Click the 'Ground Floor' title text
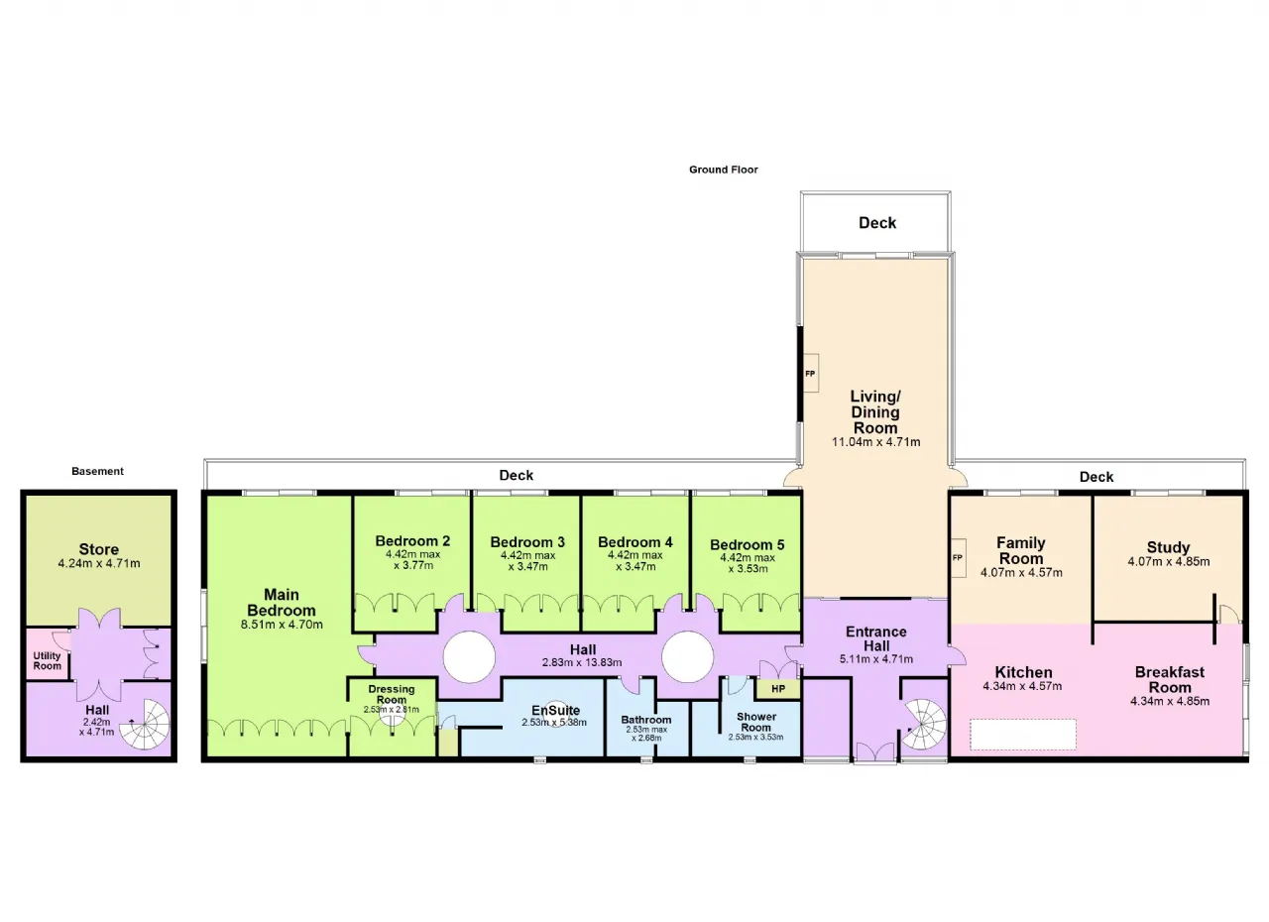coord(723,170)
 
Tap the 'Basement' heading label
coord(97,471)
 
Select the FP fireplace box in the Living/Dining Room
coord(811,373)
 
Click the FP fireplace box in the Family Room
coord(958,558)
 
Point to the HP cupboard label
coord(778,689)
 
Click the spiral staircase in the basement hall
coord(145,725)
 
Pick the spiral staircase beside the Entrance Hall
coord(922,725)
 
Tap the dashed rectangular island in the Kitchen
coord(1022,735)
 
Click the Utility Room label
coord(47,660)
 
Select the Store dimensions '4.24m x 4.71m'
coord(99,563)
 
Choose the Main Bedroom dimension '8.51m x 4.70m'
coord(282,625)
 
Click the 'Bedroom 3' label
coord(527,542)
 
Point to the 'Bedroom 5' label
coord(748,545)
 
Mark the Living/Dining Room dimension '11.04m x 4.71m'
coord(875,442)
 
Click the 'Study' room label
coord(1168,547)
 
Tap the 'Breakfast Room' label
coord(1170,680)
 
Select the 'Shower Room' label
coord(756,722)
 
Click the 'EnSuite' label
coord(556,710)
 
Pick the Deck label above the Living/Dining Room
coord(877,223)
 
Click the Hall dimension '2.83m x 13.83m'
coord(582,662)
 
